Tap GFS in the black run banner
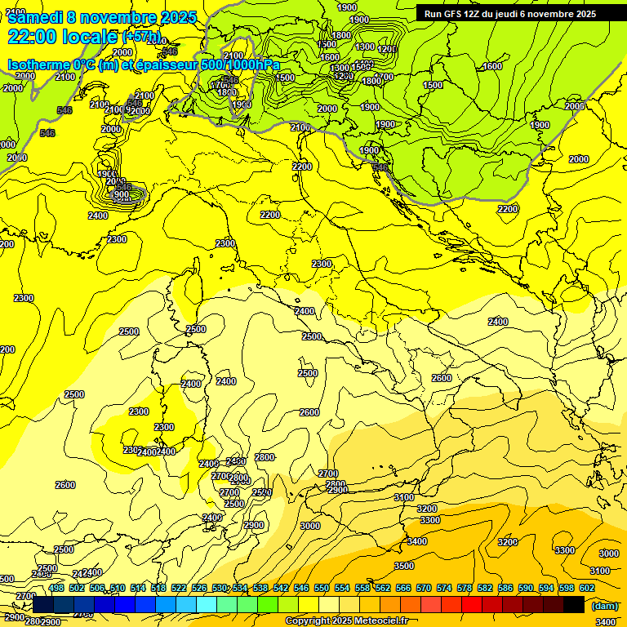(x=452, y=14)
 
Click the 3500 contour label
(x=403, y=566)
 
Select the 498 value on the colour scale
(x=56, y=588)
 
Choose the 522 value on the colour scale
(x=179, y=588)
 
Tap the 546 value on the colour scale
(x=301, y=588)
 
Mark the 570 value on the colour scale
(x=424, y=588)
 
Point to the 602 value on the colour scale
(x=587, y=588)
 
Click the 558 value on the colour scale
(x=362, y=588)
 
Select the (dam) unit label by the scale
(x=604, y=606)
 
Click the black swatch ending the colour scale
(x=574, y=604)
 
